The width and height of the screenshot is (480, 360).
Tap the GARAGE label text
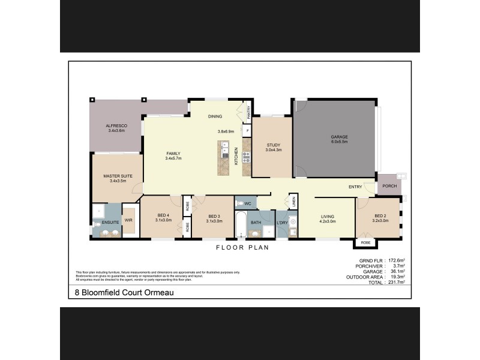tap(339, 137)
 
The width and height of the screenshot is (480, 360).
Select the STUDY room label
tap(272, 144)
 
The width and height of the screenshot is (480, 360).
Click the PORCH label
tap(390, 185)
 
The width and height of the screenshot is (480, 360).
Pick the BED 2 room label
tap(380, 216)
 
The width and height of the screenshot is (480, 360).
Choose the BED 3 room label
tap(215, 216)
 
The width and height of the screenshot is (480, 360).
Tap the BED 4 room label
tap(164, 216)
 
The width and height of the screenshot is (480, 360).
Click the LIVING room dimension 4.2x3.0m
tap(328, 221)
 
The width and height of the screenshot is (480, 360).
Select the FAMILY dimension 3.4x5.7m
tap(173, 158)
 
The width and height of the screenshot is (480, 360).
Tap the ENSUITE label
tap(110, 222)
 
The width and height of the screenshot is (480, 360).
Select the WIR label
tap(128, 221)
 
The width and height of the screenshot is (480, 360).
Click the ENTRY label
tap(355, 187)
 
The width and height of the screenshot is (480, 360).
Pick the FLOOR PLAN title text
tap(242, 247)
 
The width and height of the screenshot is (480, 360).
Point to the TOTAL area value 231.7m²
tap(395, 282)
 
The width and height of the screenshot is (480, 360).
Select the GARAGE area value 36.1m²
tap(396, 271)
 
